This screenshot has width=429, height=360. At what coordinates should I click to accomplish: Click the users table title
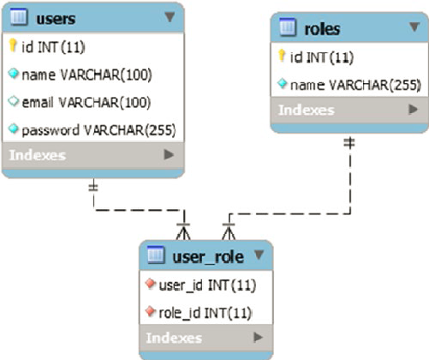click(x=56, y=19)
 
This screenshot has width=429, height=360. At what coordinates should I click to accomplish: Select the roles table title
click(x=322, y=29)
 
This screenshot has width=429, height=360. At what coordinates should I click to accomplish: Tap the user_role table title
click(x=208, y=257)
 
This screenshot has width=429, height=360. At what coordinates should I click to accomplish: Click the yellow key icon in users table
click(x=13, y=45)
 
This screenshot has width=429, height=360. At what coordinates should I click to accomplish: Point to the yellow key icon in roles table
click(x=282, y=56)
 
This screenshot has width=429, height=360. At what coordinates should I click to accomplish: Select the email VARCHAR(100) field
click(x=86, y=103)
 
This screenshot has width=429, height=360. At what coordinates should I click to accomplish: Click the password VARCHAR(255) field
click(x=98, y=130)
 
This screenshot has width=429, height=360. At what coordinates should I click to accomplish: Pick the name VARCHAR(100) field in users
click(x=86, y=75)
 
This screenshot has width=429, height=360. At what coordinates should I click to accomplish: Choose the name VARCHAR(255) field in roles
click(x=355, y=85)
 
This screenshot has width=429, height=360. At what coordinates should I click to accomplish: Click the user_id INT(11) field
click(x=207, y=285)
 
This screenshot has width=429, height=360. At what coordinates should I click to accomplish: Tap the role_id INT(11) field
click(x=206, y=313)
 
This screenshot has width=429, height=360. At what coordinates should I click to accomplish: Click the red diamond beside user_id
click(x=150, y=284)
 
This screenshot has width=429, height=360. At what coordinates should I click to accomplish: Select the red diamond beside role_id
click(x=150, y=311)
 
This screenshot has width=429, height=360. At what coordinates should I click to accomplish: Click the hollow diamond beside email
click(x=13, y=101)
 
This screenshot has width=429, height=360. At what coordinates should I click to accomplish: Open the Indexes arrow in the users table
click(x=169, y=155)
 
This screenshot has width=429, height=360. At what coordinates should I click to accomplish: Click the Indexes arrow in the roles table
click(x=413, y=109)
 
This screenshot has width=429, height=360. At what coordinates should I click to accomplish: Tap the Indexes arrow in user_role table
click(x=258, y=338)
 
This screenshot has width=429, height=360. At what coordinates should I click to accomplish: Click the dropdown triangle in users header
click(x=170, y=17)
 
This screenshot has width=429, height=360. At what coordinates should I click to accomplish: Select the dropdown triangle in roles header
click(x=414, y=27)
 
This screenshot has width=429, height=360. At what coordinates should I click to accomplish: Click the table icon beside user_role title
click(x=156, y=254)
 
